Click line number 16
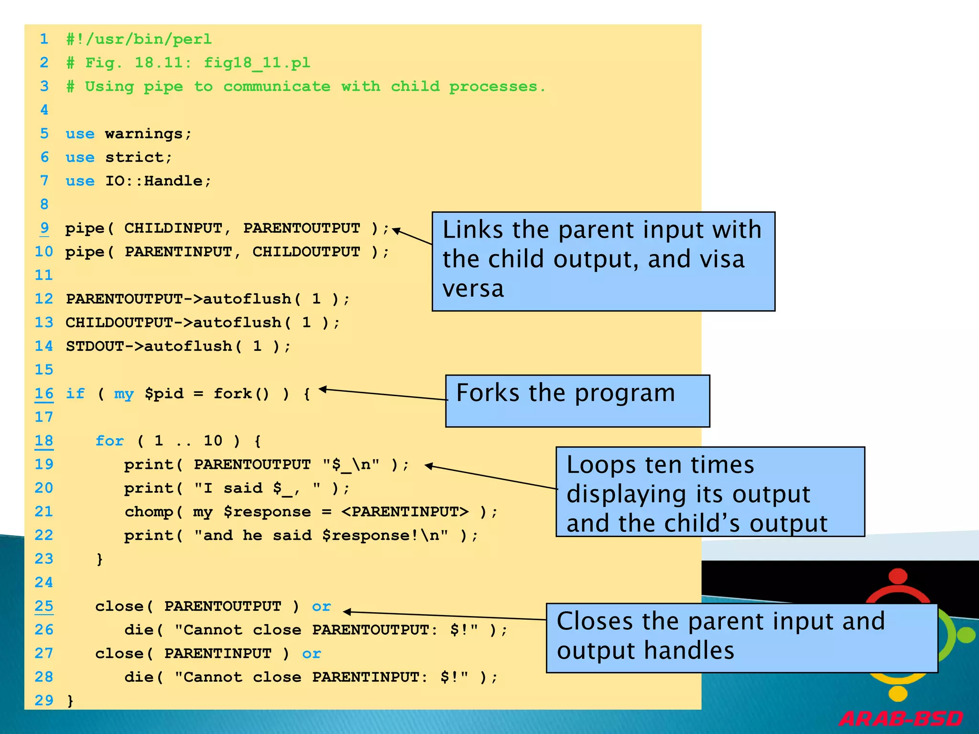click(x=44, y=394)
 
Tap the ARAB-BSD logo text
click(x=901, y=719)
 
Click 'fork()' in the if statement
click(x=241, y=394)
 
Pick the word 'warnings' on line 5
click(x=144, y=134)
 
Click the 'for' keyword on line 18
click(x=109, y=441)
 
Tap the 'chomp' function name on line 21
click(x=149, y=512)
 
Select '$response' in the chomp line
click(x=267, y=512)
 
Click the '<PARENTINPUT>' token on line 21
click(x=404, y=512)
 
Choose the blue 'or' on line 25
click(x=321, y=606)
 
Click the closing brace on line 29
click(x=70, y=701)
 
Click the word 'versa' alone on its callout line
click(x=473, y=289)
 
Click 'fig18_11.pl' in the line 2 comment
click(x=257, y=63)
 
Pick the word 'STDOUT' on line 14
click(x=95, y=346)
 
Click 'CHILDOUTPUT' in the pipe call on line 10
click(x=306, y=252)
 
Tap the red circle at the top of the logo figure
click(x=898, y=576)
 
